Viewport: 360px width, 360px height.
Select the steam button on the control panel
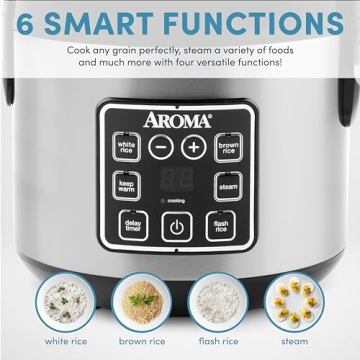click(229, 185)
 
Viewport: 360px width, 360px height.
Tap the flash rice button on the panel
click(220, 225)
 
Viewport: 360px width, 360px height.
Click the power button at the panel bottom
click(177, 226)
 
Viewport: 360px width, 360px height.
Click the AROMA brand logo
click(177, 118)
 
